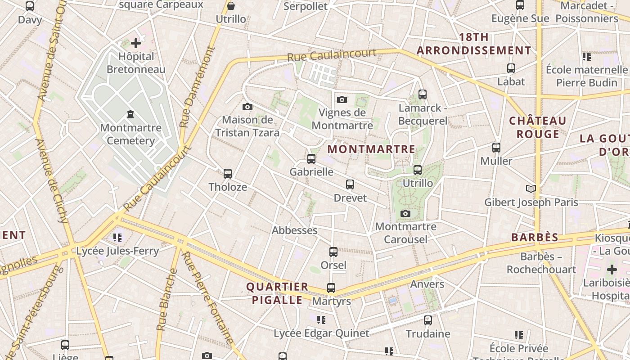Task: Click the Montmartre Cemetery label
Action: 130,134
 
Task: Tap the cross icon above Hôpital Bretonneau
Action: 136,43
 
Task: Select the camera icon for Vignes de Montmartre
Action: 342,99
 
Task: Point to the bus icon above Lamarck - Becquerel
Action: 422,94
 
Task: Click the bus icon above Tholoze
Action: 228,173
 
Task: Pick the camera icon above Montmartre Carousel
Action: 405,213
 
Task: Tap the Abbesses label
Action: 294,230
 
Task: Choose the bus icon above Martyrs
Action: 331,288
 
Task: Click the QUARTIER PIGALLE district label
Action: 277,293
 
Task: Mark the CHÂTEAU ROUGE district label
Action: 537,127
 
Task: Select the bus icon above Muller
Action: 496,148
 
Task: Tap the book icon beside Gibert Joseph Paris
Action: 531,189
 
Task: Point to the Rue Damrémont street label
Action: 197,87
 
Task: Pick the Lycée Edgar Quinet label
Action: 321,333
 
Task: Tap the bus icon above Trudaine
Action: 428,320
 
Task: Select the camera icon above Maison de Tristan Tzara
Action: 247,107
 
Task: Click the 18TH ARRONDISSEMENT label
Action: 474,44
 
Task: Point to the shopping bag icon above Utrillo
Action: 231,6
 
